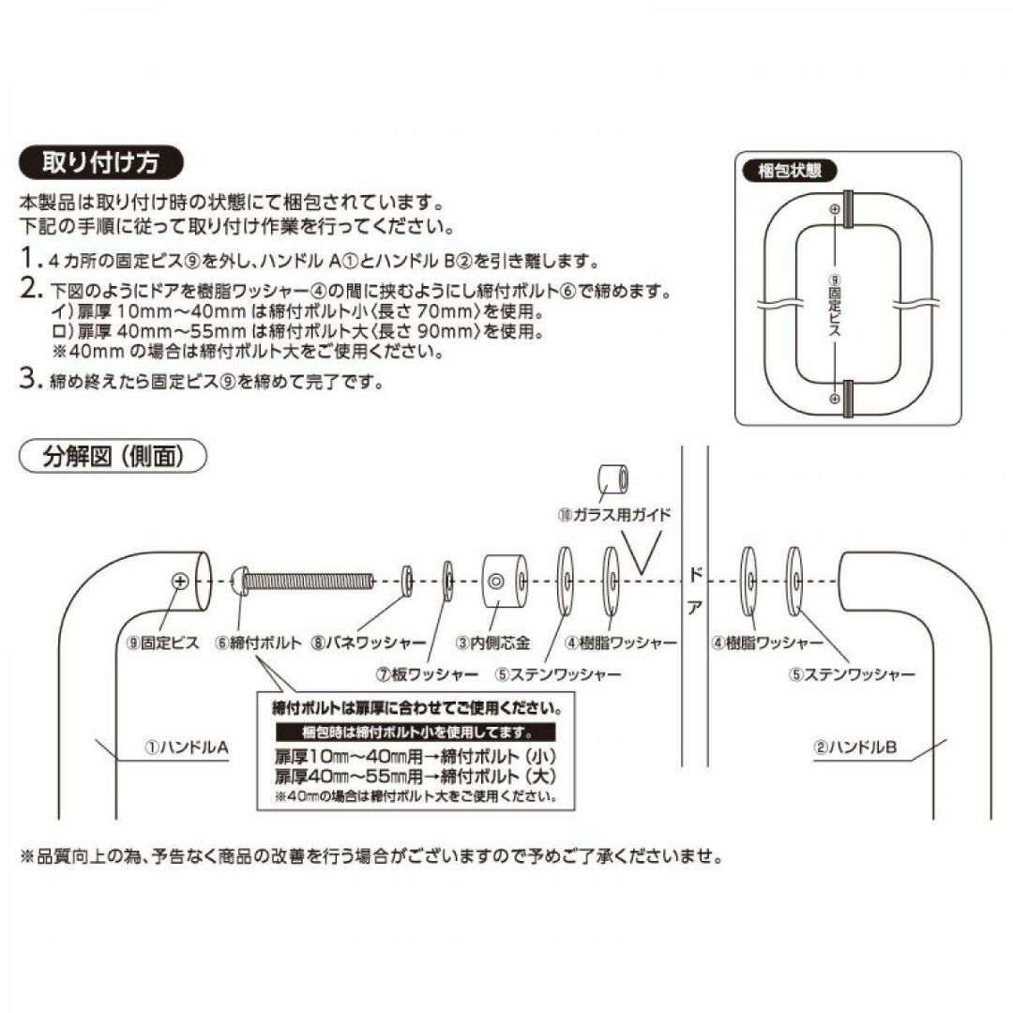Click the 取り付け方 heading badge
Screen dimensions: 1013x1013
[x=101, y=162]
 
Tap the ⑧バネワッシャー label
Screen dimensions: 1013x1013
[x=369, y=643]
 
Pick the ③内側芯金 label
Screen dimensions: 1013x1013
[x=493, y=643]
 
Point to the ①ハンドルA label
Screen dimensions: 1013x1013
[x=186, y=748]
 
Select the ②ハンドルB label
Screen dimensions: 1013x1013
[x=855, y=748]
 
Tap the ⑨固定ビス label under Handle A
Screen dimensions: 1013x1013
[x=169, y=643]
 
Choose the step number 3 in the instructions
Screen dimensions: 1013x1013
[x=28, y=380]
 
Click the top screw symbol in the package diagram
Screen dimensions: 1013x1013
[x=835, y=211]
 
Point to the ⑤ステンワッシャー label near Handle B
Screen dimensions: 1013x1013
[x=853, y=673]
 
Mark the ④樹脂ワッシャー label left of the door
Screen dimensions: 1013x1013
[x=621, y=643]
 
